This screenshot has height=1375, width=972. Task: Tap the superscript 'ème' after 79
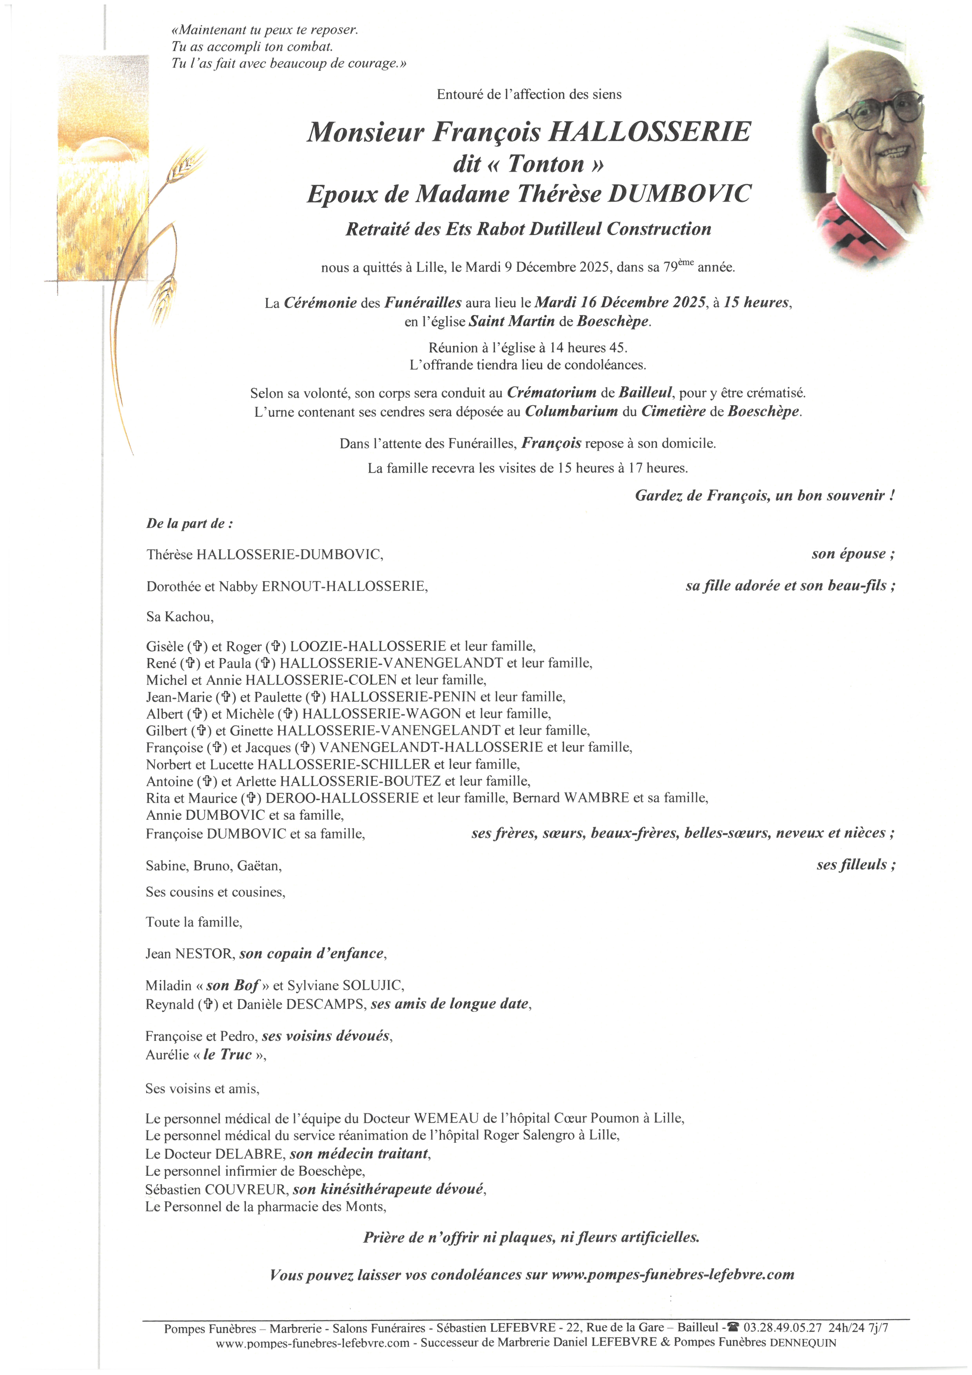click(x=686, y=262)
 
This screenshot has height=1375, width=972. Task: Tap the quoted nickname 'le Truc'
click(x=228, y=1055)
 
